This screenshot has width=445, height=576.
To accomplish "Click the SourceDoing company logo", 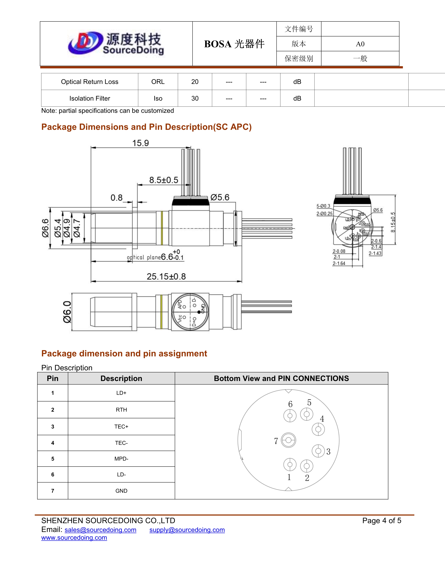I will click(116, 43).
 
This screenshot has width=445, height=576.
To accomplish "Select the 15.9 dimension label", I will click(140, 143).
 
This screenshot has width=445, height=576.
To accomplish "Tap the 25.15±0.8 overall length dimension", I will click(166, 276).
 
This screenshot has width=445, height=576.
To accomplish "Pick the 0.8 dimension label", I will click(117, 198).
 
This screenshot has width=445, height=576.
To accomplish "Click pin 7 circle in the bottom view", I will click(288, 440).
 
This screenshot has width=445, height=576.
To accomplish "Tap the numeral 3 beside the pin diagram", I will click(328, 452).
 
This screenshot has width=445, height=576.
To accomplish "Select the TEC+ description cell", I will click(121, 426).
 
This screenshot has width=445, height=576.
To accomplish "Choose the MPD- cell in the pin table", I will click(121, 459).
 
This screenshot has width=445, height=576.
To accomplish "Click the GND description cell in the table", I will click(121, 491).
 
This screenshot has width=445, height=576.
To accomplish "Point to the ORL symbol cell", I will click(158, 82).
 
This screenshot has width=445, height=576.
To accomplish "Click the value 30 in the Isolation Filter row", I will click(195, 98).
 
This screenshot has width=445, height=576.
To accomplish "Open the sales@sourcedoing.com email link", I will click(101, 530).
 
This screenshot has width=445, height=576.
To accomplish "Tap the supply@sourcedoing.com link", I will click(187, 530).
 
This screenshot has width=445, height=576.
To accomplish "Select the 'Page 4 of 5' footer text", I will click(381, 521).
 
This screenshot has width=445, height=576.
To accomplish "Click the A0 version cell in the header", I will click(360, 44).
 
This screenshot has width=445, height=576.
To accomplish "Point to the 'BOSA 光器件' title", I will click(234, 44).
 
